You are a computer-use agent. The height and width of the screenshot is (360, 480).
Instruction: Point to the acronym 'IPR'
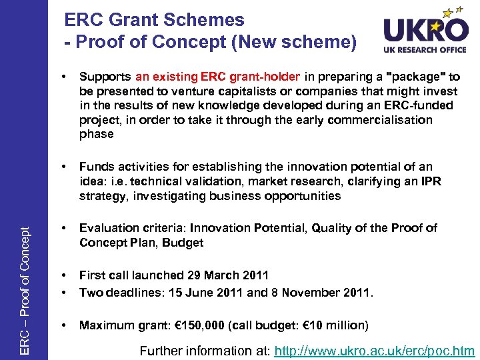point(430,181)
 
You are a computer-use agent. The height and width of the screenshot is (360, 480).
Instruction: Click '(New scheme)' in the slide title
point(296,41)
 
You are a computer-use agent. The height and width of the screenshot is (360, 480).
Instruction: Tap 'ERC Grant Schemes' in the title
point(155,20)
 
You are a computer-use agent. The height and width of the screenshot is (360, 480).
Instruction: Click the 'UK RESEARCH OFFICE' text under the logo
point(426,49)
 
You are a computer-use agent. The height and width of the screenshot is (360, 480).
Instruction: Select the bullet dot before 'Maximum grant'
point(63,325)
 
